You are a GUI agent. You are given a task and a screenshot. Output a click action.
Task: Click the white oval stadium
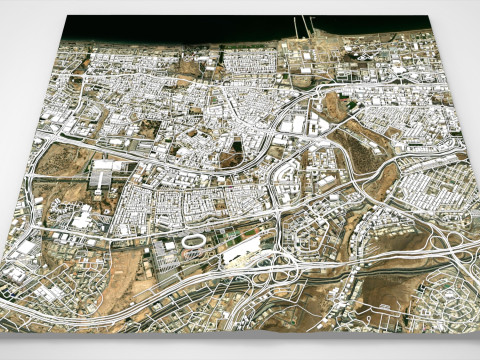(x=192, y=242)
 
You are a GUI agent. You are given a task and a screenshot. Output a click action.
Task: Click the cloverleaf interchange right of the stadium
(x=283, y=269)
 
